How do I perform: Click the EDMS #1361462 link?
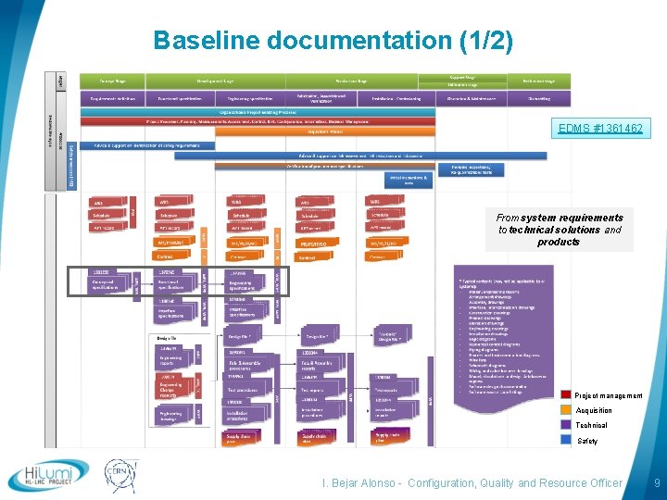click(599, 129)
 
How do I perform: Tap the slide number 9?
click(656, 482)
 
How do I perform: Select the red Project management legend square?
click(567, 395)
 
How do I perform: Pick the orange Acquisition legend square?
click(567, 410)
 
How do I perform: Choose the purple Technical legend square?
click(567, 425)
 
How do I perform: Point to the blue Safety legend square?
click(567, 440)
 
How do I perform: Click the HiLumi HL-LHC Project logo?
click(48, 476)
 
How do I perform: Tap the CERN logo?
click(120, 474)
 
